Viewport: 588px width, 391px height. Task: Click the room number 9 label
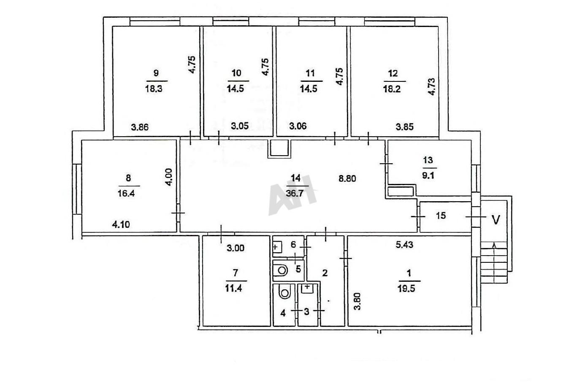click(x=156, y=73)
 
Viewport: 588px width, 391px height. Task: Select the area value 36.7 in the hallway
click(x=295, y=194)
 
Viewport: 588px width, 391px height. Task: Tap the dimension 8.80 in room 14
click(x=347, y=178)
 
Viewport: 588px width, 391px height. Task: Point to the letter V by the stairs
click(x=496, y=220)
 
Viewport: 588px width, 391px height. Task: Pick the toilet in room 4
click(x=285, y=291)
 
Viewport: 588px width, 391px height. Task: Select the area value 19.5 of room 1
click(x=406, y=289)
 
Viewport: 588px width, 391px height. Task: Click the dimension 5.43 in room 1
click(x=404, y=245)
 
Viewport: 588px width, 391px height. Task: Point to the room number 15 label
click(x=441, y=216)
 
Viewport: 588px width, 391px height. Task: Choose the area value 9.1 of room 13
click(x=428, y=175)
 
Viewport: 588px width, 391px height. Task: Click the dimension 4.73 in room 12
click(x=431, y=87)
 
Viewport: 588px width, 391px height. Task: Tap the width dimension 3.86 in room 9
click(x=140, y=127)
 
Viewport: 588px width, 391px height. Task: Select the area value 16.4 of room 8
click(x=126, y=194)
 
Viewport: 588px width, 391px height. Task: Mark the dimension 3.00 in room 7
click(x=236, y=248)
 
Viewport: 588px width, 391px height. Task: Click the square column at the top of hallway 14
click(x=279, y=148)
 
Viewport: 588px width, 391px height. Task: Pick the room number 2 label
click(x=325, y=273)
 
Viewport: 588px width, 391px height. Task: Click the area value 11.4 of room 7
click(x=233, y=289)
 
